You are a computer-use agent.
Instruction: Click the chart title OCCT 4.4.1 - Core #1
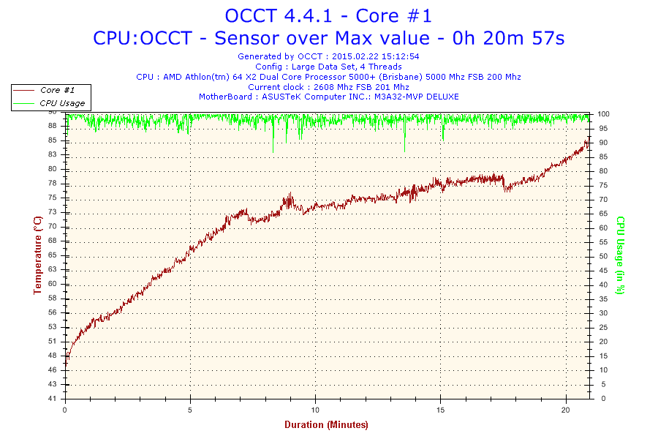328,15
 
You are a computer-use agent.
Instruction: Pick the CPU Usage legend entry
62,103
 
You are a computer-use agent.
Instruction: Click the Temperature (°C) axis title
37,255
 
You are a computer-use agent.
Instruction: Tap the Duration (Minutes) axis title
326,424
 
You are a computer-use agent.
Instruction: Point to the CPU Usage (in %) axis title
619,255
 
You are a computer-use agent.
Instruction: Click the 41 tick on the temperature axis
53,399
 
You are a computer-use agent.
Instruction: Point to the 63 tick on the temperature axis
53,284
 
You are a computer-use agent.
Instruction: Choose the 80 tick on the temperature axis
53,169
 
